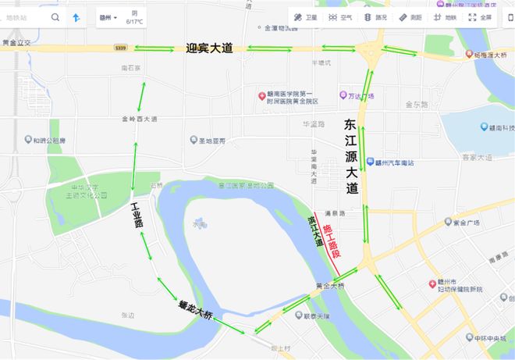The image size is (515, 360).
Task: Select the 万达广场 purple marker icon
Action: tap(343, 95)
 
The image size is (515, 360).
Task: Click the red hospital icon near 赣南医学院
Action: tap(263, 96)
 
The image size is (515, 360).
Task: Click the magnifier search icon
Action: tap(55, 16)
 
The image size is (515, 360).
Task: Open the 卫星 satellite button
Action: tap(304, 16)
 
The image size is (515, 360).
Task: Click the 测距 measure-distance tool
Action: tap(410, 16)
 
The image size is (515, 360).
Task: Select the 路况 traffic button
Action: tap(375, 16)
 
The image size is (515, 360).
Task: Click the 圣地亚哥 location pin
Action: tap(194, 141)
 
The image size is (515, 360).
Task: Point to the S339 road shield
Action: tap(119, 48)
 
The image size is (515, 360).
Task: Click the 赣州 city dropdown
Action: tap(108, 17)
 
